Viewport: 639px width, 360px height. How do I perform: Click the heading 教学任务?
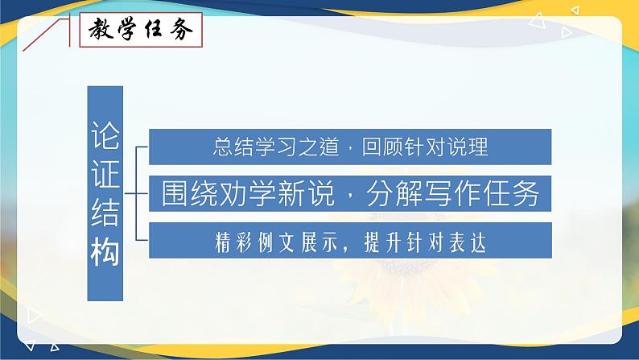(x=136, y=32)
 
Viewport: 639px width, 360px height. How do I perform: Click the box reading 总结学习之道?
(x=350, y=147)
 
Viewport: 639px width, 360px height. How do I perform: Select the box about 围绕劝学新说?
(x=350, y=194)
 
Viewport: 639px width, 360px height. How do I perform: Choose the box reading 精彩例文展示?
(x=350, y=241)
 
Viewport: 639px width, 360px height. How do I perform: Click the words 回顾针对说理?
(x=426, y=147)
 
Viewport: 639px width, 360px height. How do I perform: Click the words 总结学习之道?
(x=274, y=147)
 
